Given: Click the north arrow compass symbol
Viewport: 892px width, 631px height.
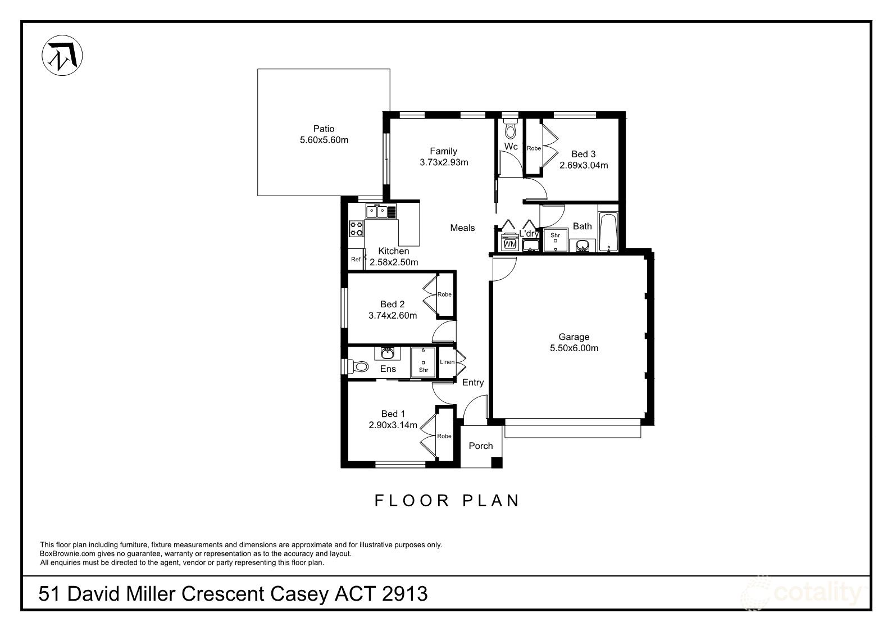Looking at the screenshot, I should click(x=62, y=56).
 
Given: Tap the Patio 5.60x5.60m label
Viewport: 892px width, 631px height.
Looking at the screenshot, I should click(x=324, y=134).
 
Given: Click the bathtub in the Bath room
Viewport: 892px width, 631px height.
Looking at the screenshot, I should click(x=608, y=231).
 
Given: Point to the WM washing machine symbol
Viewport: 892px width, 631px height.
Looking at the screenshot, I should click(x=510, y=244).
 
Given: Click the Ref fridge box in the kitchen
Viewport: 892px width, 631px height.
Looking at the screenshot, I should click(x=356, y=260).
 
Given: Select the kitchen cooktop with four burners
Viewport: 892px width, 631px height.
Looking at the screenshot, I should click(x=357, y=228).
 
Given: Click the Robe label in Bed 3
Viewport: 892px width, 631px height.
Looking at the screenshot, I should click(x=534, y=148).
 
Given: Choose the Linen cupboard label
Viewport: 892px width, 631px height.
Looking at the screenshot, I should click(x=447, y=362).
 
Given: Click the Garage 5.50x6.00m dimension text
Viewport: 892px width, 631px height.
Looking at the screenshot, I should click(x=574, y=348).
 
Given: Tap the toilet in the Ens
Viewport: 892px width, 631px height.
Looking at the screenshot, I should click(x=358, y=367).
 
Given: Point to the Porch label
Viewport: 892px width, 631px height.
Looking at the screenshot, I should click(x=480, y=446).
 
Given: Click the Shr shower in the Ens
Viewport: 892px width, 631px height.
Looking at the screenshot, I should click(x=423, y=362).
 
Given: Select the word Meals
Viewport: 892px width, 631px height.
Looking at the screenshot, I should click(x=462, y=228).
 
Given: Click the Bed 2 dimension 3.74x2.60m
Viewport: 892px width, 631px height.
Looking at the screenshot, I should click(x=393, y=315).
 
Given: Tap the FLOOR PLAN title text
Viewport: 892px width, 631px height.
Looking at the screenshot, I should click(x=447, y=501).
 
